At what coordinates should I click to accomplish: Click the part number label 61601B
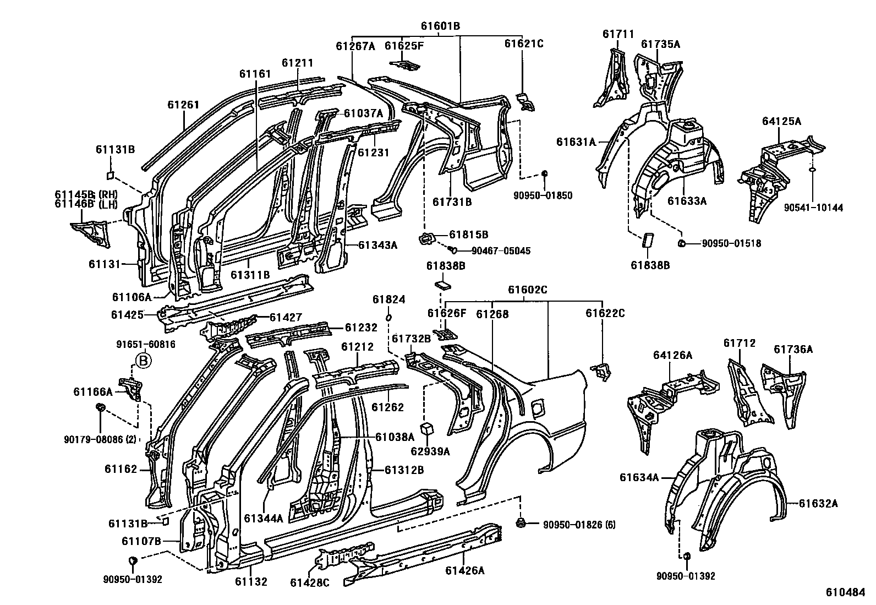click(440, 26)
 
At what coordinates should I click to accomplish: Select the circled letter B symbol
click(143, 361)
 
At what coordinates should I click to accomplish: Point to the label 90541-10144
click(813, 208)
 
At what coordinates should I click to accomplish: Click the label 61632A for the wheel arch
click(818, 503)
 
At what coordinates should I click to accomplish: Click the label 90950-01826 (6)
click(579, 525)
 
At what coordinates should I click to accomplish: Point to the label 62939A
click(429, 451)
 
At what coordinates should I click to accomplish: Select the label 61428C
click(310, 582)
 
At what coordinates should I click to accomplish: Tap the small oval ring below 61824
click(388, 318)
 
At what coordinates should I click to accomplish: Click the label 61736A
click(793, 349)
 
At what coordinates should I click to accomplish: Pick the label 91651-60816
click(146, 344)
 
